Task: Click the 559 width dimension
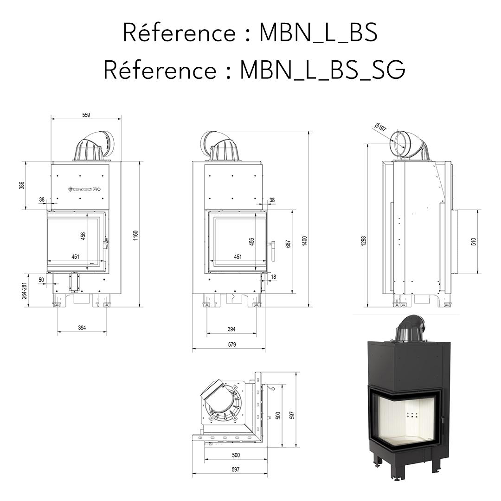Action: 86,115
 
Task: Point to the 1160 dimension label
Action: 136,235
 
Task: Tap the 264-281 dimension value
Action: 24,290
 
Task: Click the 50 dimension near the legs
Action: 41,279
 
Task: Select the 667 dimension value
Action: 288,244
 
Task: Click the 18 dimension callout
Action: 273,277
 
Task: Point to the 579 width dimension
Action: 232,345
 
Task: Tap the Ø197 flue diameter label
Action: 380,128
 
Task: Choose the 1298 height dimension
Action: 364,240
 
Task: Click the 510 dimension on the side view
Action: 474,241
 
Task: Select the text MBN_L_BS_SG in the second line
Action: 322,70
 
